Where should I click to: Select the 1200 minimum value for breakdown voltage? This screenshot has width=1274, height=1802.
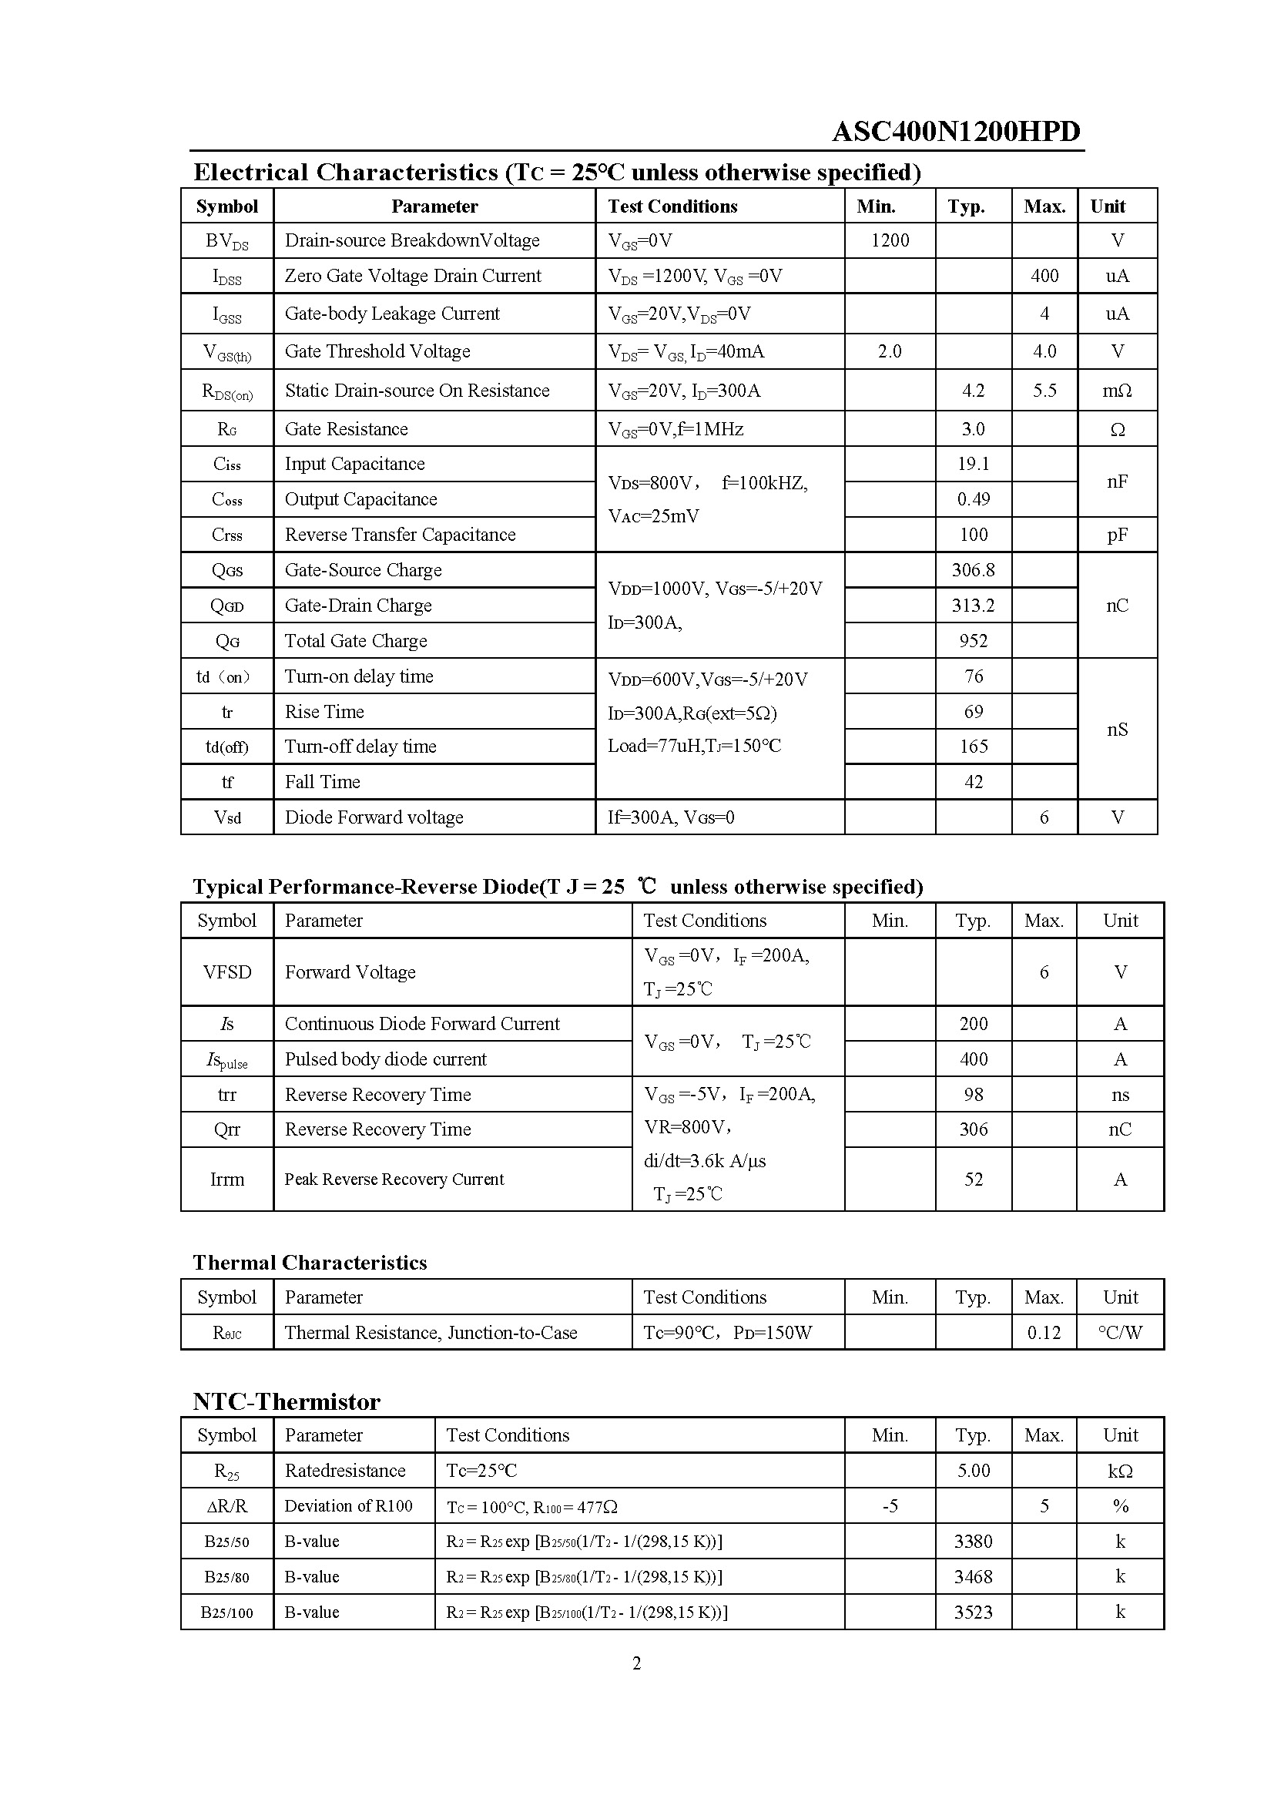tap(890, 240)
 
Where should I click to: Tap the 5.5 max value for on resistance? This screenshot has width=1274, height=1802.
tap(1044, 391)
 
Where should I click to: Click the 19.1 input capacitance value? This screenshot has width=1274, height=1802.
tap(973, 464)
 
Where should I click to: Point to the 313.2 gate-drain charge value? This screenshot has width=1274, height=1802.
tap(973, 605)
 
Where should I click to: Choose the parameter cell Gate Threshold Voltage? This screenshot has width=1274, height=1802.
tap(377, 351)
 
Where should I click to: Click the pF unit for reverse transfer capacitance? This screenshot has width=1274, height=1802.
tap(1117, 535)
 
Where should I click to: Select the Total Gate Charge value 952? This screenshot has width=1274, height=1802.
tap(973, 641)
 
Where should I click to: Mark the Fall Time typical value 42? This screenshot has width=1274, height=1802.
tap(973, 782)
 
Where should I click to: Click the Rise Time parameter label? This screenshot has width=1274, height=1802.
tap(324, 712)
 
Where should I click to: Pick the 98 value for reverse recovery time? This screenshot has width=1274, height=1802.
tap(973, 1095)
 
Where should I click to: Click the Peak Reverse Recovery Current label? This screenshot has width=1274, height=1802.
tap(394, 1180)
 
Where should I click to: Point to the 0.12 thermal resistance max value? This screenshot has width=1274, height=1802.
tap(1044, 1333)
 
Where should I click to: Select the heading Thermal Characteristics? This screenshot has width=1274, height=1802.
tap(310, 1263)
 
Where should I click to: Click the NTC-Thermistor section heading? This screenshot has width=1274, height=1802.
tap(287, 1401)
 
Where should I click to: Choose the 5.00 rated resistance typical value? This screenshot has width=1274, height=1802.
tap(973, 1471)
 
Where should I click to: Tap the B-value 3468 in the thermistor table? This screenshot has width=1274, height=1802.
tap(973, 1577)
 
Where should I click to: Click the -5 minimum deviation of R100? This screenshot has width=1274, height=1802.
tap(890, 1506)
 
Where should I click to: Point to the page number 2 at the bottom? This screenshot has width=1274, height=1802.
tap(636, 1663)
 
